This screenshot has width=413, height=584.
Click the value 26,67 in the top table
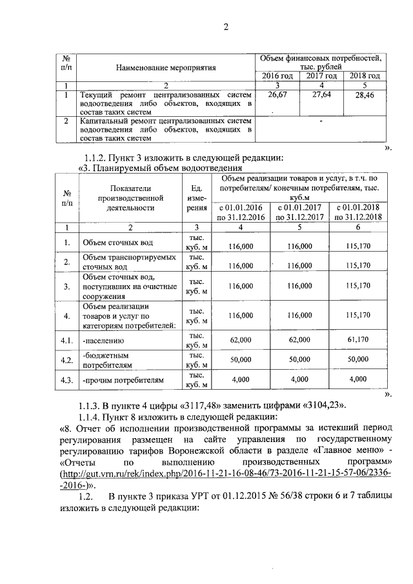(277, 95)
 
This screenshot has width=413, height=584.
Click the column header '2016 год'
(277, 76)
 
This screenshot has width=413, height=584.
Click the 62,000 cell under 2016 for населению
(239, 339)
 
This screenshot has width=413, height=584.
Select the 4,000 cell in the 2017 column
(299, 380)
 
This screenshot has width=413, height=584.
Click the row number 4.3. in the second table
(66, 381)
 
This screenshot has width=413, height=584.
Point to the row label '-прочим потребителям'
(123, 381)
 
